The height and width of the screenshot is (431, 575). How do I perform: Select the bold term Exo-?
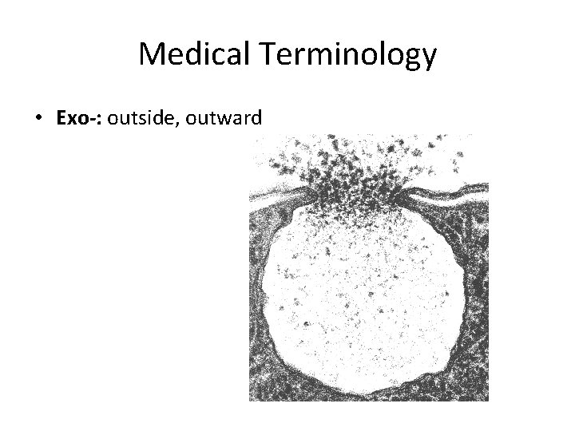click(80, 119)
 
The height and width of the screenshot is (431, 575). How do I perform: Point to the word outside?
click(138, 119)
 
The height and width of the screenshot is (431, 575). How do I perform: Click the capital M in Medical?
click(150, 55)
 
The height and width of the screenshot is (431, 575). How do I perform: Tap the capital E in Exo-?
click(62, 119)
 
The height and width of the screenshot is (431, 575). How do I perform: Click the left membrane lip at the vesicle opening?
click(299, 194)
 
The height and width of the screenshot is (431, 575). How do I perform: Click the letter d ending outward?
click(256, 119)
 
